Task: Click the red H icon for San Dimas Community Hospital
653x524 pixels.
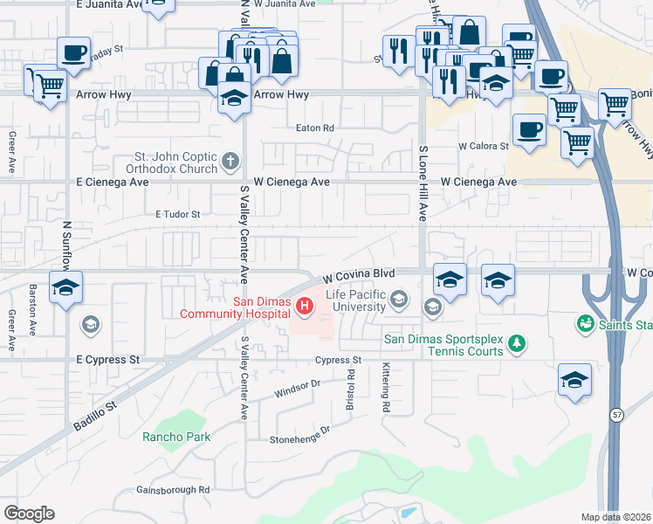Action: coord(304,306)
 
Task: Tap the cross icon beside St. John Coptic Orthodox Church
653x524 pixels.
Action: coord(230,160)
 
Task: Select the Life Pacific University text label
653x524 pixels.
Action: coord(355,301)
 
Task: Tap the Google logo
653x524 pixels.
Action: coord(29,513)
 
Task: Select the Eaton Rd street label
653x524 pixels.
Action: coord(315,128)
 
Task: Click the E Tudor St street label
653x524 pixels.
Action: coord(177,213)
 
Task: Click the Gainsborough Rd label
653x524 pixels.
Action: coord(173,490)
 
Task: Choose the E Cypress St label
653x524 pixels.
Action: coord(107,359)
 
